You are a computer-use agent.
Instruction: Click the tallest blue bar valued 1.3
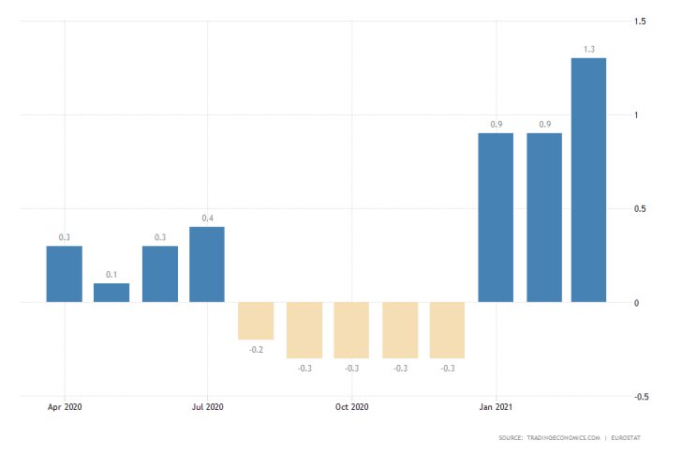click(588, 180)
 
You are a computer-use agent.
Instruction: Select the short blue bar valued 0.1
click(111, 293)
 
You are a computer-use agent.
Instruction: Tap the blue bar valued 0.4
click(207, 265)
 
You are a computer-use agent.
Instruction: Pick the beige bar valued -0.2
click(256, 321)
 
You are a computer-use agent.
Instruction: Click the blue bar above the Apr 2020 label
click(65, 274)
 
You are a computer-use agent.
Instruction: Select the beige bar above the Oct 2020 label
click(352, 330)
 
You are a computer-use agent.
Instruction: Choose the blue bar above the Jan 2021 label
click(496, 218)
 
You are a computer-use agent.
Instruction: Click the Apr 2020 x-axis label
click(65, 407)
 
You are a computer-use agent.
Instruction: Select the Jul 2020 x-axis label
click(207, 407)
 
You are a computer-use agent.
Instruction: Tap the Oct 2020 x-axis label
click(352, 407)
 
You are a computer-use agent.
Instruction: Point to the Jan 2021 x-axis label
click(496, 407)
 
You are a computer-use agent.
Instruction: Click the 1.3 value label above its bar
click(588, 49)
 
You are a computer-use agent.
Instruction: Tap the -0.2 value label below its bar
click(256, 349)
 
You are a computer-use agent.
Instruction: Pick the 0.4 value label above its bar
click(207, 219)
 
